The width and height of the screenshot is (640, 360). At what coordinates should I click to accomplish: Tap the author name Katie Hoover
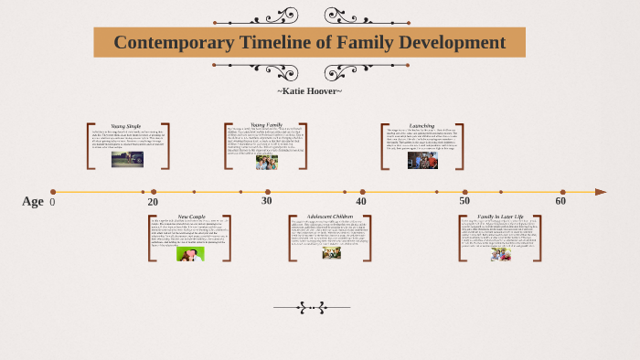pyautogui.click(x=309, y=90)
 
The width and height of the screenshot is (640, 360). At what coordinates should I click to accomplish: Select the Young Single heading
pyautogui.click(x=125, y=125)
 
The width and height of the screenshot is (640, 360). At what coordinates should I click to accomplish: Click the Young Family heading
pyautogui.click(x=266, y=123)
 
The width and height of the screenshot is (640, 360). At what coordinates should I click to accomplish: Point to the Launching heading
pyautogui.click(x=421, y=125)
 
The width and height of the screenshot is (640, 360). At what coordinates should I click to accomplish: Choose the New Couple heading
pyautogui.click(x=191, y=217)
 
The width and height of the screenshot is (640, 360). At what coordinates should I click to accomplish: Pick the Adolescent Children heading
pyautogui.click(x=330, y=217)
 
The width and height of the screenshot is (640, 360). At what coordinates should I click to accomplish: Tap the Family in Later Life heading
pyautogui.click(x=500, y=217)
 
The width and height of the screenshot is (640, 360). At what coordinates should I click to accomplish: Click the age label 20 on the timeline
pyautogui.click(x=153, y=202)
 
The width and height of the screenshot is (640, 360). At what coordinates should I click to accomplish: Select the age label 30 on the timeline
pyautogui.click(x=266, y=201)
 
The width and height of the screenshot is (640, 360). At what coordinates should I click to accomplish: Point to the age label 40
pyautogui.click(x=361, y=202)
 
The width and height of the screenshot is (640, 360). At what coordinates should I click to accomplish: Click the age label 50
pyautogui.click(x=464, y=201)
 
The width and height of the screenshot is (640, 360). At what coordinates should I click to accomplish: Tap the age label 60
pyautogui.click(x=560, y=201)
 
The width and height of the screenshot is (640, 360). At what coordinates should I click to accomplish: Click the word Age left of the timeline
pyautogui.click(x=32, y=202)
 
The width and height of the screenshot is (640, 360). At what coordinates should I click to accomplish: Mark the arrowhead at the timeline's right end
pyautogui.click(x=600, y=192)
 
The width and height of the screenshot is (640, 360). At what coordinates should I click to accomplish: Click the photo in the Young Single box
pyautogui.click(x=127, y=159)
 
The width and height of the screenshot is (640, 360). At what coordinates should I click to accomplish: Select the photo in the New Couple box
pyautogui.click(x=190, y=254)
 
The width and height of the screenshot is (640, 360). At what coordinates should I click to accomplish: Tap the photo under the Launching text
pyautogui.click(x=422, y=160)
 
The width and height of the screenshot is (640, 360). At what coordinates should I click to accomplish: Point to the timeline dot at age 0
pyautogui.click(x=52, y=192)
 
